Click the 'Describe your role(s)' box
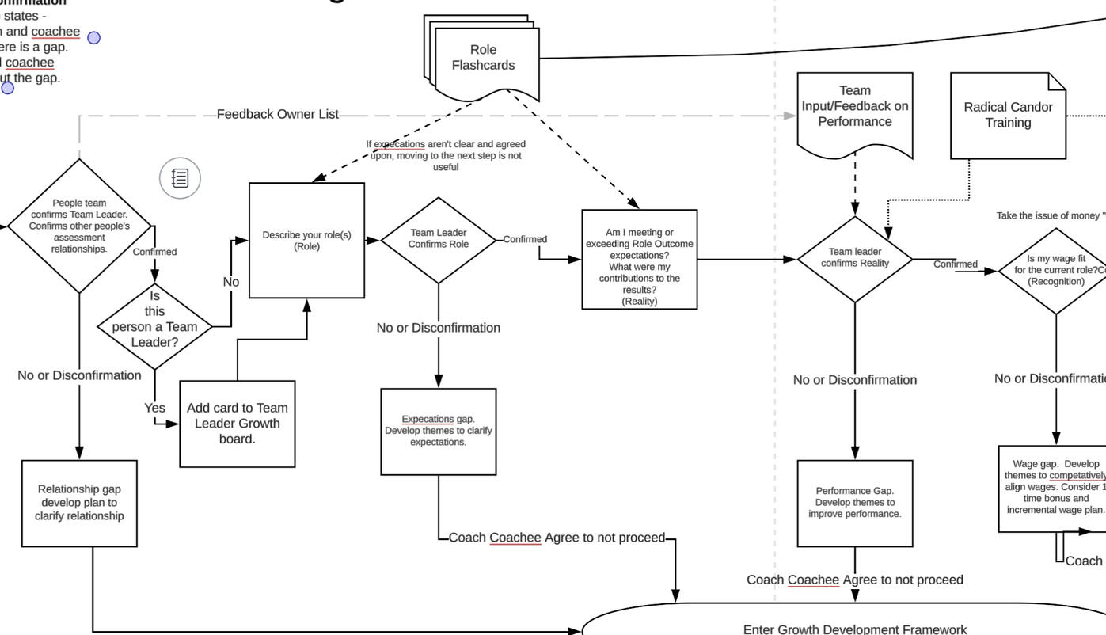(x=306, y=241)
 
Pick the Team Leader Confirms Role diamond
(x=439, y=239)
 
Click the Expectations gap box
(x=439, y=432)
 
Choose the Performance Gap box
(x=854, y=503)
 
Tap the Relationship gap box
(x=79, y=503)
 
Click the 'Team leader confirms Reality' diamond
(x=854, y=258)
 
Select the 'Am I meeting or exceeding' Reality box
(x=639, y=259)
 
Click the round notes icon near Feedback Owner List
(x=181, y=177)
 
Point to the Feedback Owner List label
(x=277, y=114)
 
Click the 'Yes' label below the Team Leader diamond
(x=154, y=408)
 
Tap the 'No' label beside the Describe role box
(x=230, y=282)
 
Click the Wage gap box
(x=1053, y=488)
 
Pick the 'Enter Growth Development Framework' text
(x=854, y=629)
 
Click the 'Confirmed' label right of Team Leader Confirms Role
(x=525, y=239)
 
